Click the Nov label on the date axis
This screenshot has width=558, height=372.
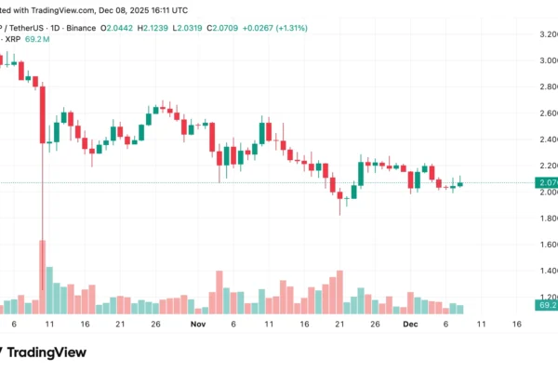coord(196,325)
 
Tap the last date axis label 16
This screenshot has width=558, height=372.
coord(516,325)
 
